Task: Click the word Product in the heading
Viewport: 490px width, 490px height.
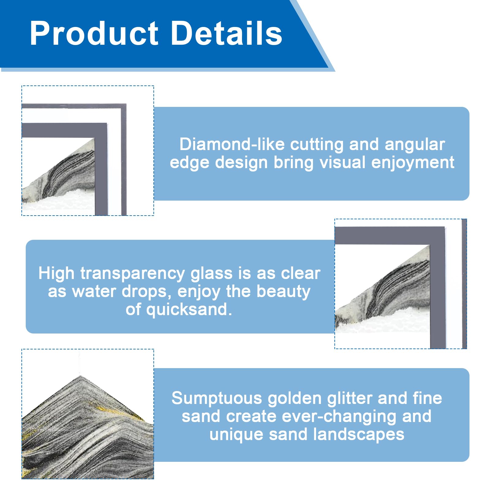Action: click(x=94, y=33)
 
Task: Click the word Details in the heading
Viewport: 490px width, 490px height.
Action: click(x=226, y=33)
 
